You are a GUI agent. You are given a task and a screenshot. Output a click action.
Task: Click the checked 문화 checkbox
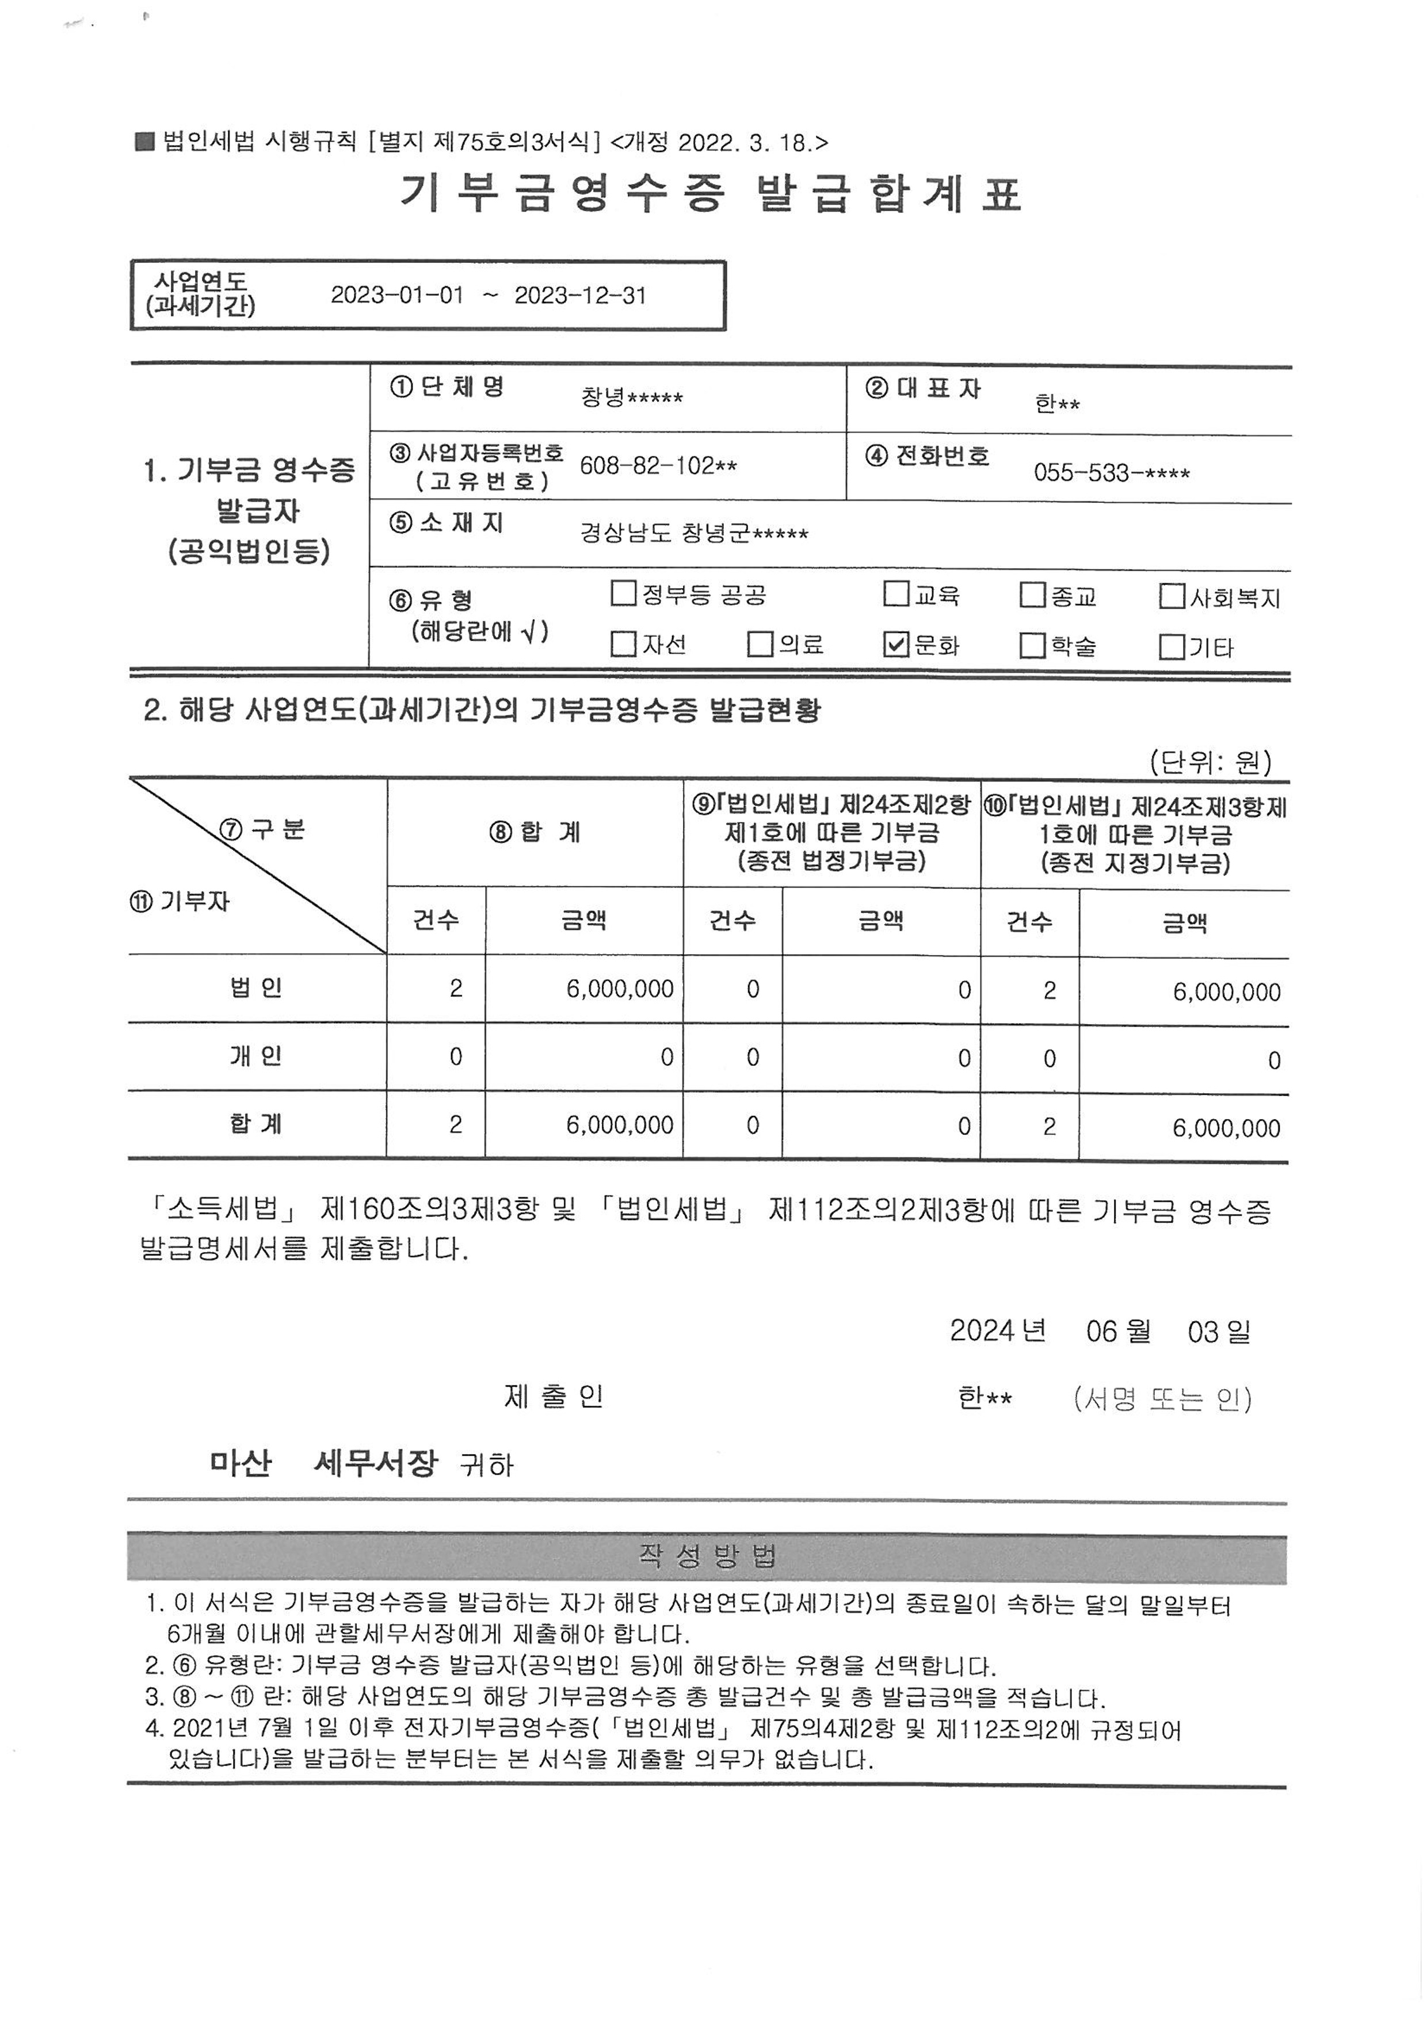coord(895,645)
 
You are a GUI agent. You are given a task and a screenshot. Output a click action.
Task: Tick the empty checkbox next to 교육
coord(895,595)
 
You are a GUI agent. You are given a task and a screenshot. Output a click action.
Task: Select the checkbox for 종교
coord(1032,595)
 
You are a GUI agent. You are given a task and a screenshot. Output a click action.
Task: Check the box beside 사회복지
coord(1172,597)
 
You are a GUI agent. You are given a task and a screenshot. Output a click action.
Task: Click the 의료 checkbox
coord(759,644)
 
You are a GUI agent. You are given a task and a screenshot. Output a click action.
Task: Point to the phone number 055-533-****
coord(1111,474)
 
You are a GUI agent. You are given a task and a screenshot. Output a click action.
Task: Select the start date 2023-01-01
coord(396,295)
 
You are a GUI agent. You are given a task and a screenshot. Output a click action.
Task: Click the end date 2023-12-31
coord(580,295)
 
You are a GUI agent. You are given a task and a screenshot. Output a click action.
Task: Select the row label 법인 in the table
coord(255,988)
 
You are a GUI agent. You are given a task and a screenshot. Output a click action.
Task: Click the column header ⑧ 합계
coord(535,831)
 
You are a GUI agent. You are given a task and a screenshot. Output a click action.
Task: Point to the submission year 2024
coord(982,1331)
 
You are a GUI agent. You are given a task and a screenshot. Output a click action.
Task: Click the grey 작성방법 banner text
coord(707,1558)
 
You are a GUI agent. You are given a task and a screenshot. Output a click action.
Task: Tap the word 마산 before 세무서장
coord(241,1463)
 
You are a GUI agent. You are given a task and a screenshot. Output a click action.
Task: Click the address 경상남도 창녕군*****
coord(693,533)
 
